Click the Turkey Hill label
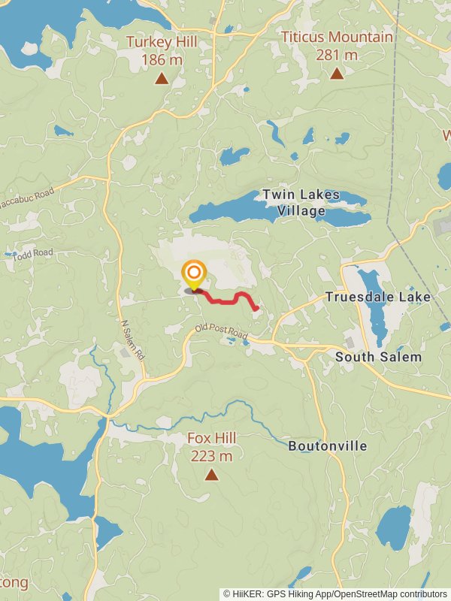(162, 42)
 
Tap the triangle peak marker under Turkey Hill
(161, 78)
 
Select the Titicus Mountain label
(337, 37)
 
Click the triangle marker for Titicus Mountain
(337, 74)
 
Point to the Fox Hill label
(211, 438)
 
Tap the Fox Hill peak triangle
(211, 475)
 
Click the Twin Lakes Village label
(301, 203)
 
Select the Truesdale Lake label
(378, 297)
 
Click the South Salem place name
(378, 357)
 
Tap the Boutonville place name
(328, 446)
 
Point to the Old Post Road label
(221, 331)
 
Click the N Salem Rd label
(132, 340)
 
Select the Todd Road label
(32, 254)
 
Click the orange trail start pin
(194, 273)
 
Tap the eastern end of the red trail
(257, 307)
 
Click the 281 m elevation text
(337, 55)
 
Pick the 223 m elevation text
(211, 456)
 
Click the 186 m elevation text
(162, 59)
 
